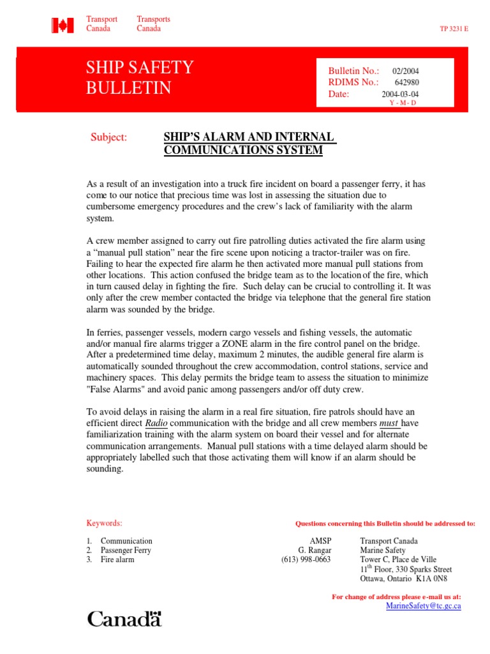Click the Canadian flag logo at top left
tap(63, 24)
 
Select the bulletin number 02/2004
tap(405, 72)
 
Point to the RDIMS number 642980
tap(406, 82)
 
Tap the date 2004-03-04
tap(400, 94)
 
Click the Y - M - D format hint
tap(402, 103)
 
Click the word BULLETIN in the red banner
tap(128, 88)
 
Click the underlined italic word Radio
tap(156, 423)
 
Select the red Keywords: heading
tap(104, 522)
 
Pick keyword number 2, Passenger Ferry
tap(126, 550)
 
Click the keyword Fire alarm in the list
tap(117, 559)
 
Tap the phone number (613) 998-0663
tap(306, 559)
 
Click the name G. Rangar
tap(315, 550)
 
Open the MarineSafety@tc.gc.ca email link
tap(424, 605)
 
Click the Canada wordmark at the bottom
tap(124, 618)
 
